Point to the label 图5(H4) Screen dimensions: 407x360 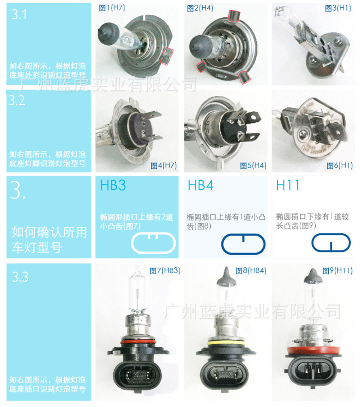coord(253,166)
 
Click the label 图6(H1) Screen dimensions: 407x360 coord(340,166)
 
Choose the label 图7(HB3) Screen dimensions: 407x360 coord(165,271)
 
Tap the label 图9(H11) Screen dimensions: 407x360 coord(337,271)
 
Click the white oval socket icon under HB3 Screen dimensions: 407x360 coord(153,244)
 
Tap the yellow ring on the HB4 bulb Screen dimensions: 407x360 coord(226,343)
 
